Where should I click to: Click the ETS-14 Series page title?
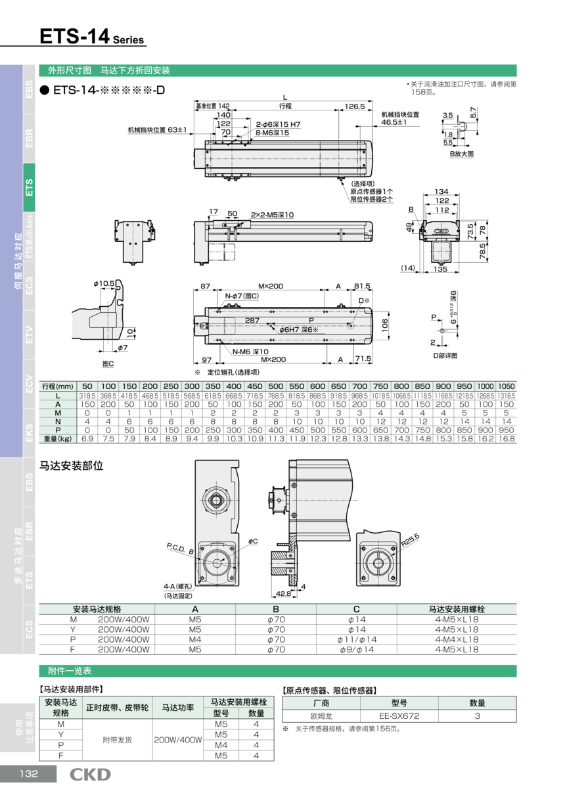coord(91,37)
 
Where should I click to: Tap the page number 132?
coord(28,774)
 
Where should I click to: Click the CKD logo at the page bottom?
coord(91,775)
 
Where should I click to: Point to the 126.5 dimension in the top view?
coord(354,106)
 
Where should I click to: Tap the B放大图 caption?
coord(461,153)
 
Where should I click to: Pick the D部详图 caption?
coord(444,355)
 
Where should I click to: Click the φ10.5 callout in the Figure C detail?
coord(104,283)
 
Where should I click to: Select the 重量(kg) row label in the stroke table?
coord(58,438)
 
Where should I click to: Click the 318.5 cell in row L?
coord(87,396)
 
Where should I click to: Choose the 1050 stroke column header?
coord(506,386)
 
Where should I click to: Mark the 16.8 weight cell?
coord(506,438)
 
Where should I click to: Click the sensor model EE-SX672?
coord(399,716)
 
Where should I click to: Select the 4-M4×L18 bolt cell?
coord(457,639)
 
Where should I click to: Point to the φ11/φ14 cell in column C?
coord(357,639)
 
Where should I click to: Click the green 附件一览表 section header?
coord(70,671)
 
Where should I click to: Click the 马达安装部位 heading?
coord(72,466)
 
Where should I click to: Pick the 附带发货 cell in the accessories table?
coord(118,740)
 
